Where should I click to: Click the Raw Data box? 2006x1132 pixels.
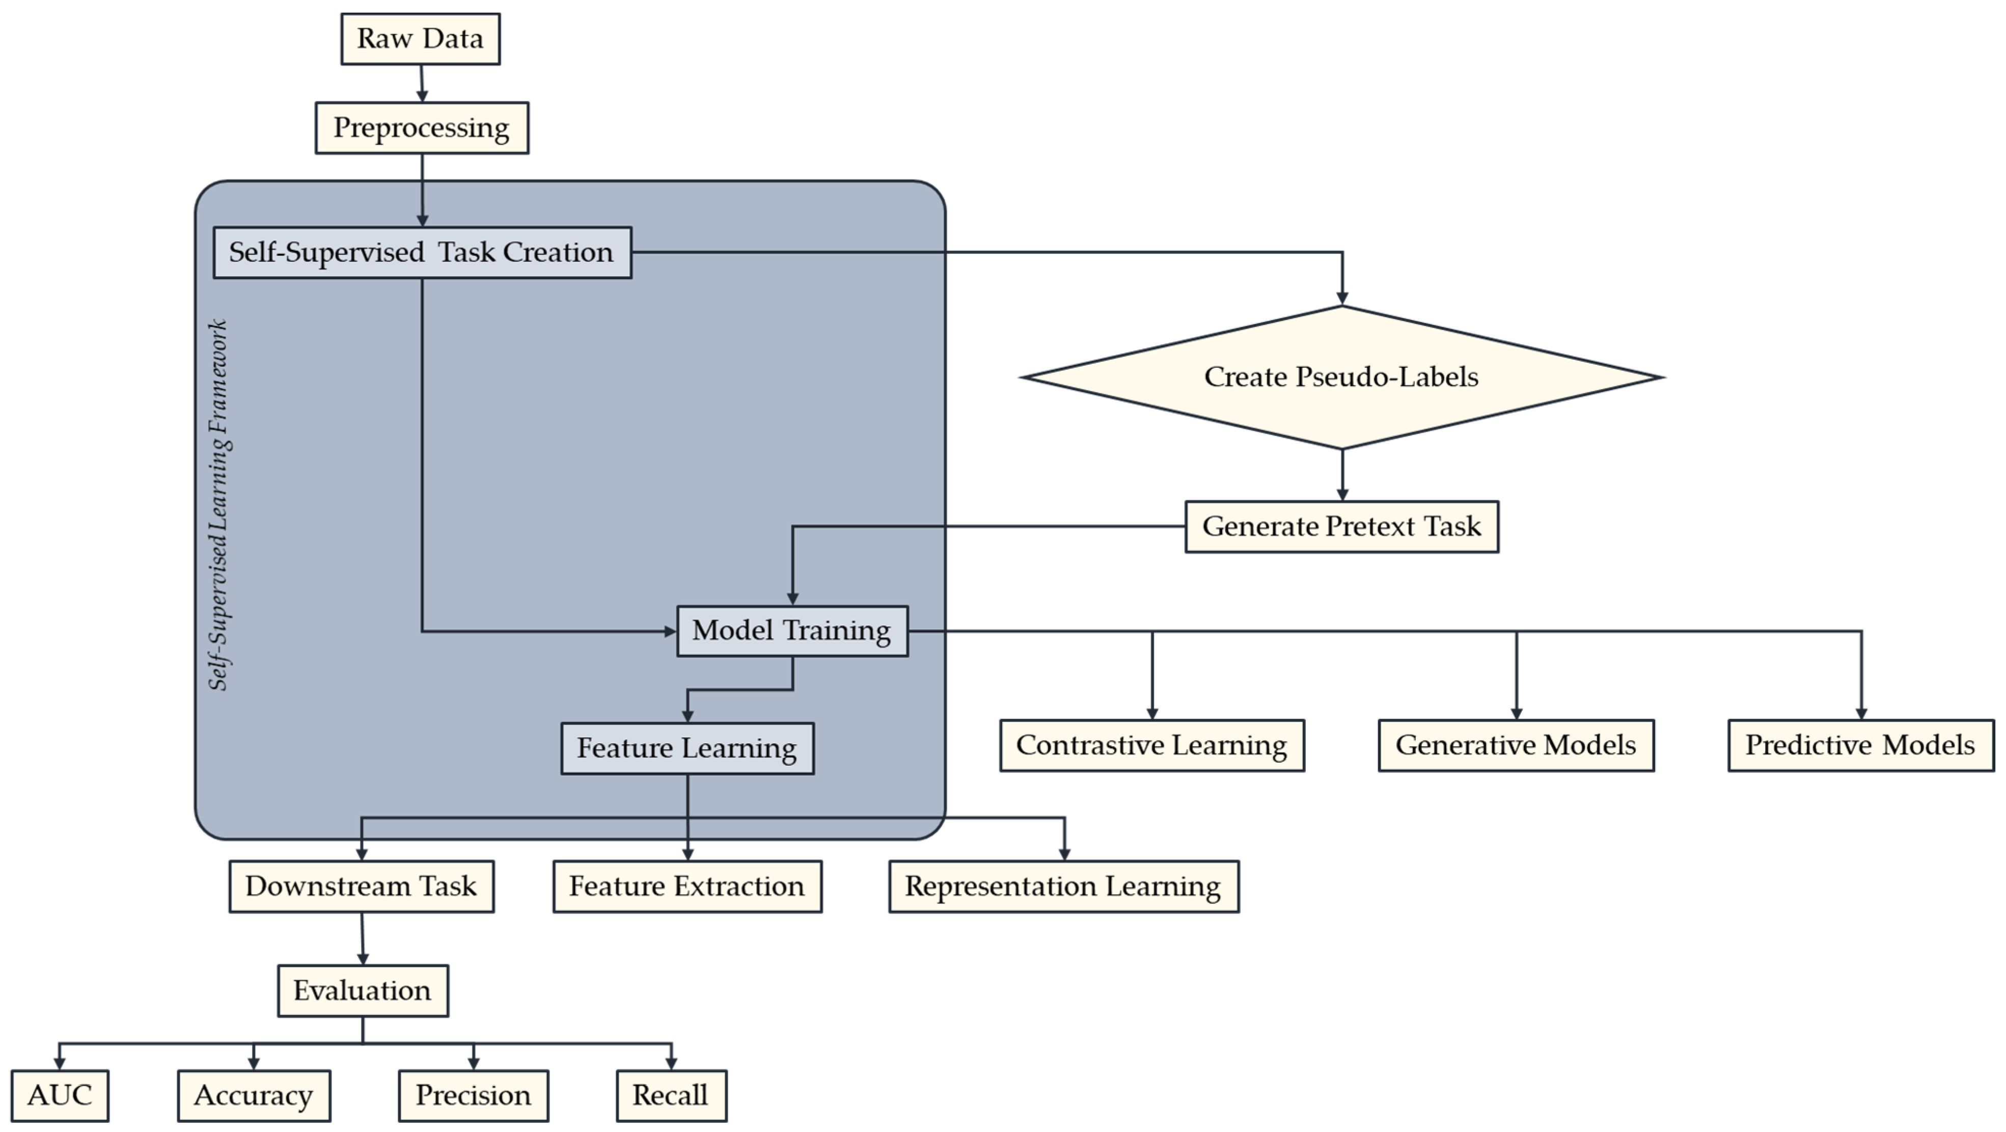point(421,39)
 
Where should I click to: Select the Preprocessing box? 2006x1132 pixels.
point(421,128)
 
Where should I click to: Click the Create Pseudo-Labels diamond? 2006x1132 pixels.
point(1341,377)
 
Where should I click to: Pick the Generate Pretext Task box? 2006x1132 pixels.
point(1341,527)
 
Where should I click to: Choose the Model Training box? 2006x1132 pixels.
point(792,631)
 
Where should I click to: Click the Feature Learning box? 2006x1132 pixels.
point(687,749)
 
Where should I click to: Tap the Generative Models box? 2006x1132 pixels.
point(1516,745)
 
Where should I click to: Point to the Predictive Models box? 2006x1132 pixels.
point(1860,745)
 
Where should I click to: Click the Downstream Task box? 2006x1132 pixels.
point(362,886)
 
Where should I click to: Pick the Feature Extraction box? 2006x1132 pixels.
point(687,886)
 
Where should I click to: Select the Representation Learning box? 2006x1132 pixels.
point(1063,886)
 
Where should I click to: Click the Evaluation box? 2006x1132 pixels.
point(363,991)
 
